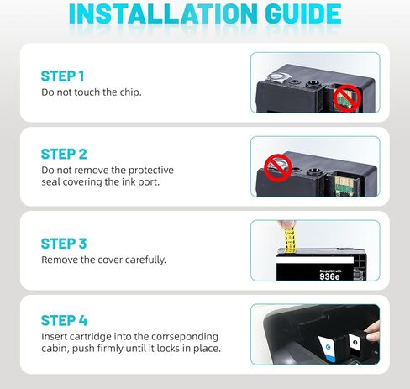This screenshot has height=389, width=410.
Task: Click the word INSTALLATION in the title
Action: pyautogui.click(x=163, y=13)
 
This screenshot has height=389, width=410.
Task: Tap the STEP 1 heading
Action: pyautogui.click(x=62, y=76)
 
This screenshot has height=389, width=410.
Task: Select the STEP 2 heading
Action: pyautogui.click(x=64, y=154)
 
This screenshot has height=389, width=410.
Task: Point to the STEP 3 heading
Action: pyautogui.click(x=64, y=244)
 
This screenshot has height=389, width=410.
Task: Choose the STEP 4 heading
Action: pyautogui.click(x=64, y=320)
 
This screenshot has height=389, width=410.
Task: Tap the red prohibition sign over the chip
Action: pyautogui.click(x=347, y=98)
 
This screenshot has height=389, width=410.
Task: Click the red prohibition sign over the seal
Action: pyautogui.click(x=278, y=168)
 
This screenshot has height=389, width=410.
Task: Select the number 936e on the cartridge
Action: pyautogui.click(x=329, y=276)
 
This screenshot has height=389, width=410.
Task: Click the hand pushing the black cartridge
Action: pyautogui.click(x=372, y=334)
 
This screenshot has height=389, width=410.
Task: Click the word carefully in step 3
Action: pyautogui.click(x=145, y=260)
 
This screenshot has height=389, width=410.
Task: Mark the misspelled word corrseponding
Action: pyautogui.click(x=185, y=337)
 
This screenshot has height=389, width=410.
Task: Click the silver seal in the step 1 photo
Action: pyautogui.click(x=276, y=77)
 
